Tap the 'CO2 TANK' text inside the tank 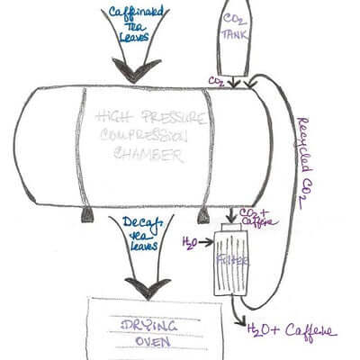tap(237, 31)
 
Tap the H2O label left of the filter tap(190, 242)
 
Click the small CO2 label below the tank tap(216, 81)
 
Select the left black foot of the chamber tap(86, 213)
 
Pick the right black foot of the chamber tap(204, 213)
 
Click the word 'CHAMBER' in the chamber tap(141, 155)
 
